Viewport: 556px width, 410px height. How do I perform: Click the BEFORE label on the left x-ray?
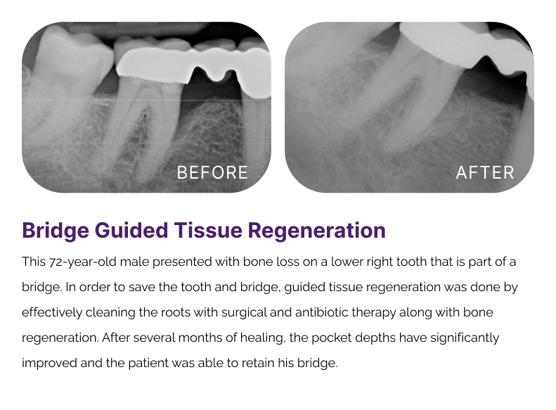(x=212, y=173)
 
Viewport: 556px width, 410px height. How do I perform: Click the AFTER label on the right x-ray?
(x=485, y=173)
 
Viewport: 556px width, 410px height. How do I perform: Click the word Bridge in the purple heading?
(x=56, y=231)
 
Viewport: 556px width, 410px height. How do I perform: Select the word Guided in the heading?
(x=131, y=230)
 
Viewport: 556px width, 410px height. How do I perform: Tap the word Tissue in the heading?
(x=208, y=230)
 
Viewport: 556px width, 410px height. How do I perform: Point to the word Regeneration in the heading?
(x=316, y=231)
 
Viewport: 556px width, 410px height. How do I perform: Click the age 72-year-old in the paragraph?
(x=83, y=262)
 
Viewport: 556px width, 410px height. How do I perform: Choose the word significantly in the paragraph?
(x=465, y=338)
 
